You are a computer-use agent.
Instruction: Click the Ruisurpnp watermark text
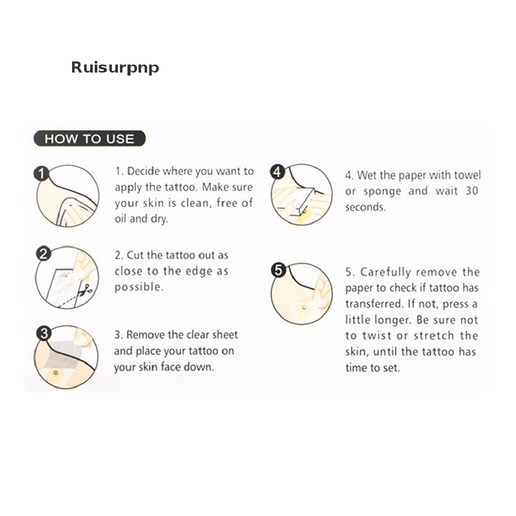pos(115,68)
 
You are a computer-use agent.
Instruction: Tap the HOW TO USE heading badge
pos(90,139)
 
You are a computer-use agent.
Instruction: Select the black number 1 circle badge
pos(41,173)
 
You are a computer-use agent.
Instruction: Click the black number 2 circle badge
pos(43,254)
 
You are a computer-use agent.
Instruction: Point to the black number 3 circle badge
pos(44,334)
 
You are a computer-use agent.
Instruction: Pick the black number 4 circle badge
pos(277,172)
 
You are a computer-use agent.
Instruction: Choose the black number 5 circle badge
pos(278,270)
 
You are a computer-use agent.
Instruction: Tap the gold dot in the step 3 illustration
pos(55,373)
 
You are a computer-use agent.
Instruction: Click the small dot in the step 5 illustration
pos(304,308)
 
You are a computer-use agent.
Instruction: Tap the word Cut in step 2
pos(135,255)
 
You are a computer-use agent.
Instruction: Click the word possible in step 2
pos(139,287)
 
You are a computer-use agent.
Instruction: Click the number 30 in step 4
pos(472,191)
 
